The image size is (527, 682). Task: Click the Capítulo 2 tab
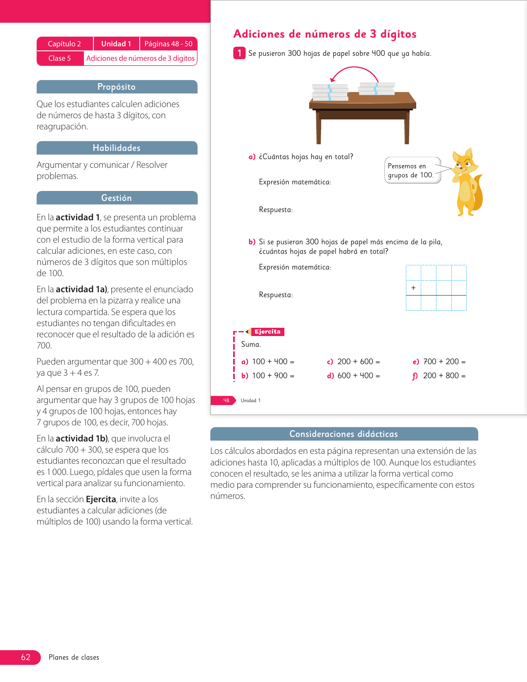coord(64,44)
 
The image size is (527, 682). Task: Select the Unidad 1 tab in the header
coord(116,44)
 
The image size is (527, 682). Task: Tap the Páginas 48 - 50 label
coord(168,44)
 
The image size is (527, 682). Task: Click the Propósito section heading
coord(117,87)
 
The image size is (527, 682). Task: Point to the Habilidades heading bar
coord(117,148)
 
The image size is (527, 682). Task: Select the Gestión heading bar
coord(117,198)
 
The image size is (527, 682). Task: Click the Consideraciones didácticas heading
coord(344,434)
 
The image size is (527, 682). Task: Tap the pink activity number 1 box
coord(239,53)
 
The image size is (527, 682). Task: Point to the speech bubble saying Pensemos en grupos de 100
coord(412,170)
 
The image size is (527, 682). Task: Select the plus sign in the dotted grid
coord(413,288)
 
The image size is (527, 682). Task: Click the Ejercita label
coord(267,331)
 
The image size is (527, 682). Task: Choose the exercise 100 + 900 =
coord(273,376)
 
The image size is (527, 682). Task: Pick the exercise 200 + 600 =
coord(358,362)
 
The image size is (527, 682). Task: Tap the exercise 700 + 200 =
coord(444,362)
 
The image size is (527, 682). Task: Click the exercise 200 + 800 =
coord(444,376)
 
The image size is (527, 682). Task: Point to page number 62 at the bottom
coord(26,657)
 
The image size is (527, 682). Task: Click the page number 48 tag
coord(226,400)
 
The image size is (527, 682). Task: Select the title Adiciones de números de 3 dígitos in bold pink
coord(325,34)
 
